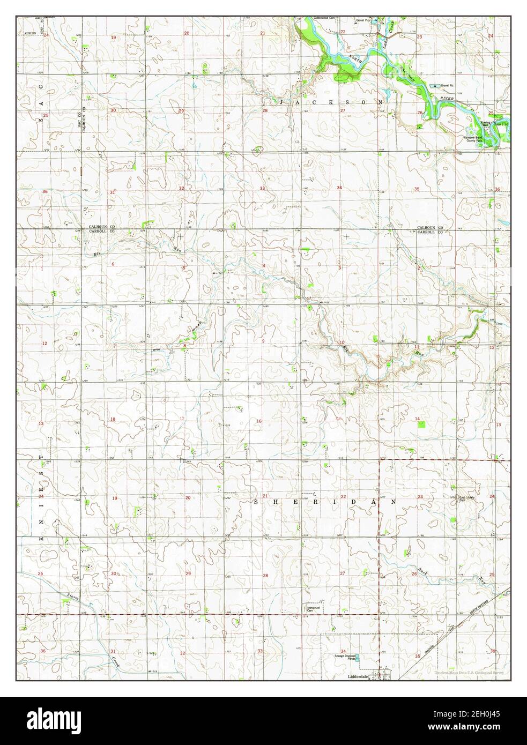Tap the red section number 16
pyautogui.click(x=259, y=421)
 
